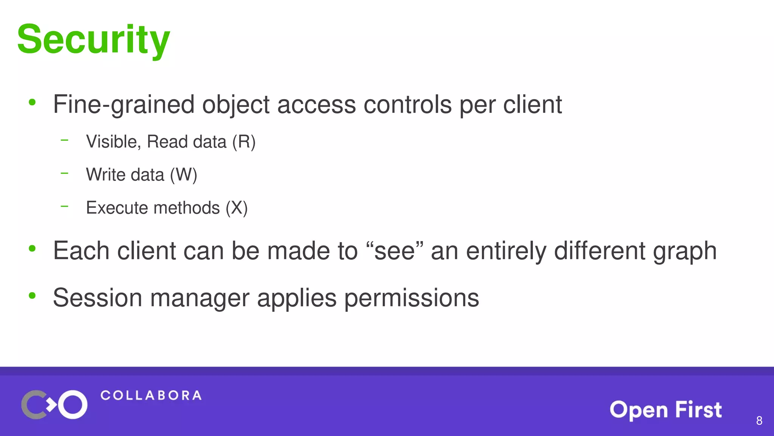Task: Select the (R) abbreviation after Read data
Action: [x=244, y=142]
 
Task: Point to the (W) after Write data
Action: [x=183, y=175]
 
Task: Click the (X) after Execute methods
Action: [x=237, y=208]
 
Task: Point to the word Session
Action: [x=98, y=298]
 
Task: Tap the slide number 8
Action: [x=759, y=420]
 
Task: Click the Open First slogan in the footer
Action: [x=666, y=410]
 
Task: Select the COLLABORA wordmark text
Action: [x=151, y=396]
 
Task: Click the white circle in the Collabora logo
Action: [x=73, y=405]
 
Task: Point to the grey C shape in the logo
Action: [x=32, y=405]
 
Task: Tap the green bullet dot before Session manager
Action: [x=32, y=296]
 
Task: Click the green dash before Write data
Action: [x=65, y=173]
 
